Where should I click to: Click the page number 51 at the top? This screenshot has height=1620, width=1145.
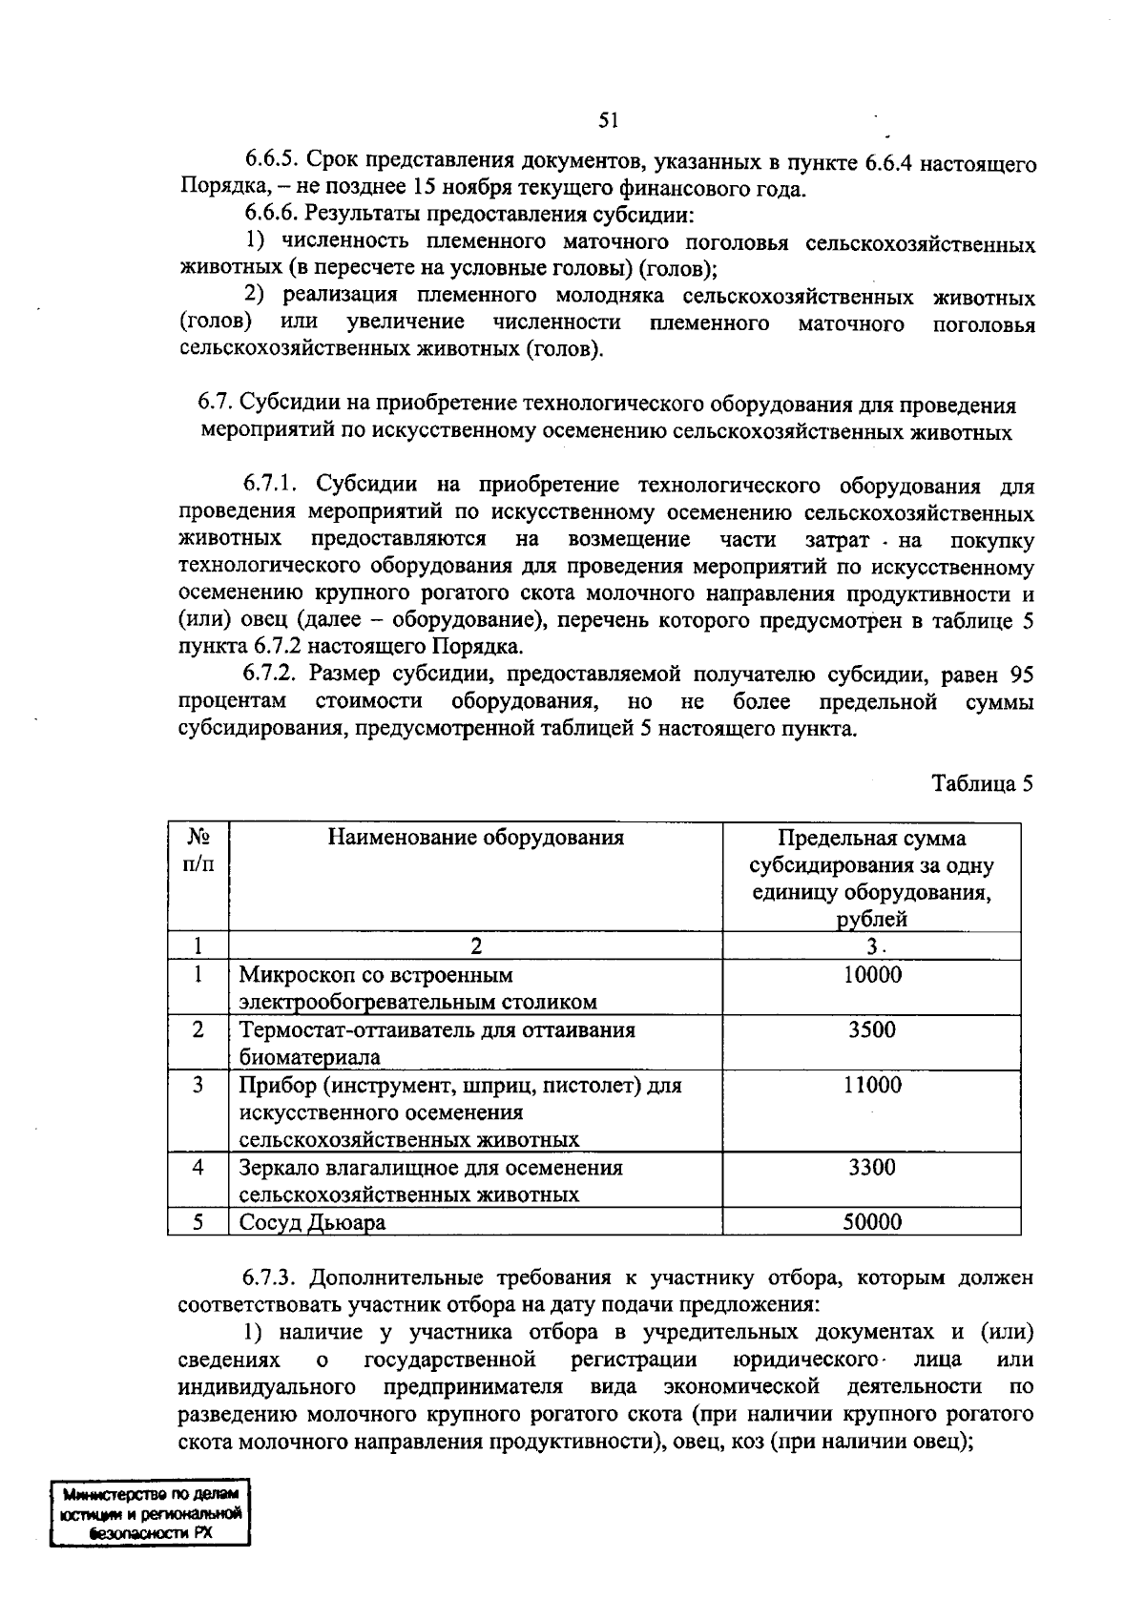pyautogui.click(x=609, y=120)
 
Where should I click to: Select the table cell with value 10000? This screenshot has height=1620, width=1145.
pyautogui.click(x=871, y=975)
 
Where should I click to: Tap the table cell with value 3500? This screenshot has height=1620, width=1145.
pyautogui.click(x=871, y=1030)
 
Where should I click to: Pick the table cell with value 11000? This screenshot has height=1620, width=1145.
pyautogui.click(x=871, y=1085)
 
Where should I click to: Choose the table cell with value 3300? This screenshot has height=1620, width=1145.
pyautogui.click(x=871, y=1168)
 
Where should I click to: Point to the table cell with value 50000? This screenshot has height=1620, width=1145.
pyautogui.click(x=871, y=1222)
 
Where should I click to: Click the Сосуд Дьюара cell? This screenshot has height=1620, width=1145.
pyautogui.click(x=312, y=1223)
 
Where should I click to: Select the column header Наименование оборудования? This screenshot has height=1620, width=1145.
pyautogui.click(x=475, y=838)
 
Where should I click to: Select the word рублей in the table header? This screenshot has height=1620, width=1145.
pyautogui.click(x=871, y=920)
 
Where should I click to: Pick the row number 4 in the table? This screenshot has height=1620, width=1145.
pyautogui.click(x=198, y=1168)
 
